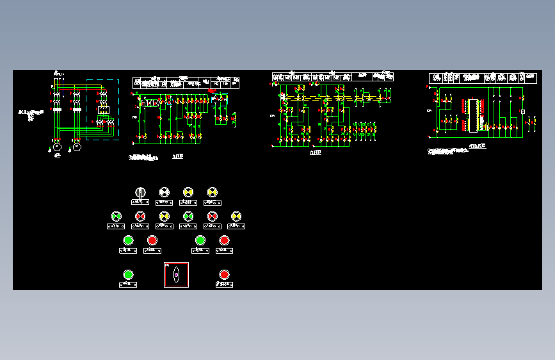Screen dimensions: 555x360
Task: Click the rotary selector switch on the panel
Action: pyautogui.click(x=140, y=192)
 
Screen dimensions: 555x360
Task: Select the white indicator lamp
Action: pyautogui.click(x=164, y=192)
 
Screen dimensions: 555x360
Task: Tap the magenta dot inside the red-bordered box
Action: pyautogui.click(x=176, y=275)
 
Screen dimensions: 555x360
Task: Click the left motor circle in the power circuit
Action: pyautogui.click(x=57, y=147)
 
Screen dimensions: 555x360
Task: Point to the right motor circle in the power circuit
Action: pyautogui.click(x=77, y=147)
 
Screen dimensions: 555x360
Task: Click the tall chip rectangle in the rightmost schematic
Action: pyautogui.click(x=474, y=116)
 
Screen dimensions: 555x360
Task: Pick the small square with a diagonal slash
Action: pyautogui.click(x=523, y=112)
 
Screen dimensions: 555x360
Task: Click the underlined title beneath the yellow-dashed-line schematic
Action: pyautogui.click(x=316, y=153)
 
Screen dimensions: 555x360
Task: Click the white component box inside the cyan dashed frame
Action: pyautogui.click(x=103, y=110)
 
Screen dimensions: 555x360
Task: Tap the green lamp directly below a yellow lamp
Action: pyautogui.click(x=188, y=217)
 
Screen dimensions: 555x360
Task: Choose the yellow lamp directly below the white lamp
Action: pyautogui.click(x=164, y=217)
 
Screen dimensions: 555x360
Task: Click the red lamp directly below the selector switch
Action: pyautogui.click(x=140, y=217)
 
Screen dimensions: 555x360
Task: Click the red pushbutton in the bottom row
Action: pyautogui.click(x=224, y=275)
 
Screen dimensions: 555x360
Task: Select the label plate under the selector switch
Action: pyautogui.click(x=140, y=202)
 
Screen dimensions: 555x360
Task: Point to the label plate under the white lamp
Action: pyautogui.click(x=164, y=202)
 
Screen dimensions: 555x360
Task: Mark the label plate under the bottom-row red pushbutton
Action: pyautogui.click(x=224, y=284)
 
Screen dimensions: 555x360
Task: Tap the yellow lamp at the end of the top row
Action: pyautogui.click(x=213, y=192)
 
